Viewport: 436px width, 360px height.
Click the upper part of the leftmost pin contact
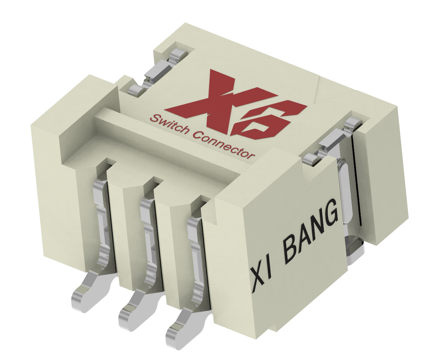100,200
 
